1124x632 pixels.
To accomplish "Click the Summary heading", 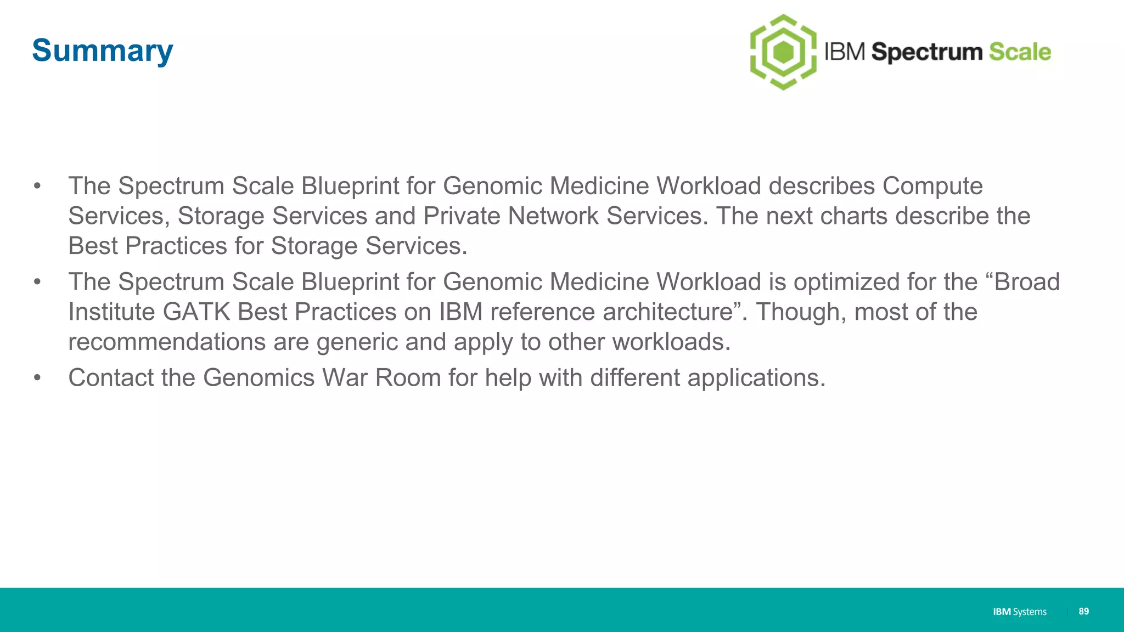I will click(x=103, y=50).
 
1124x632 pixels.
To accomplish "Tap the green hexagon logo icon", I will click(x=783, y=52).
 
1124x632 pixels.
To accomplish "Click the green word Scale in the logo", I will click(x=1020, y=52).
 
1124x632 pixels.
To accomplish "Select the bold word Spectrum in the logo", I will click(x=927, y=53).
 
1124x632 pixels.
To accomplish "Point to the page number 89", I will click(x=1083, y=611).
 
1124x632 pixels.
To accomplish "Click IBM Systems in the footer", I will click(x=1019, y=612).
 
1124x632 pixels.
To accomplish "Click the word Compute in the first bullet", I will click(x=932, y=186).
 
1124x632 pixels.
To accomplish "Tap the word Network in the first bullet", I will click(x=553, y=216).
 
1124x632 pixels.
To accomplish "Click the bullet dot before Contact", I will click(x=37, y=378).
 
